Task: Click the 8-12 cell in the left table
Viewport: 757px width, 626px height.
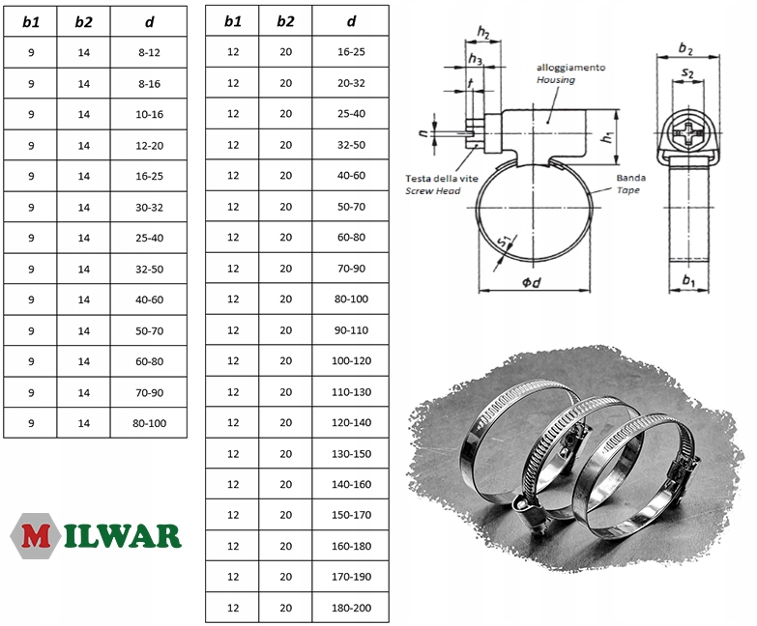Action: (x=149, y=52)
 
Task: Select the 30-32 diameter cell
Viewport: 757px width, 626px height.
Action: (x=149, y=208)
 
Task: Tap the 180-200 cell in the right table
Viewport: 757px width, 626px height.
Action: (x=351, y=608)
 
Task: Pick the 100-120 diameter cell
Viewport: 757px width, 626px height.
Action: (x=351, y=360)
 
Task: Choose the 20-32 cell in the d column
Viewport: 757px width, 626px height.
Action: (x=351, y=83)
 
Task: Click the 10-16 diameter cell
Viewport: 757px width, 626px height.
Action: (x=149, y=114)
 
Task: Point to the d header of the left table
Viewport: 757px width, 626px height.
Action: (x=149, y=22)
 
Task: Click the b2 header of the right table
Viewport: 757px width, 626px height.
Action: (x=285, y=21)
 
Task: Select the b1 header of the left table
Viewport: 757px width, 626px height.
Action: (x=31, y=22)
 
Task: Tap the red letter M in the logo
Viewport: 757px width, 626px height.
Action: (x=35, y=536)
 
